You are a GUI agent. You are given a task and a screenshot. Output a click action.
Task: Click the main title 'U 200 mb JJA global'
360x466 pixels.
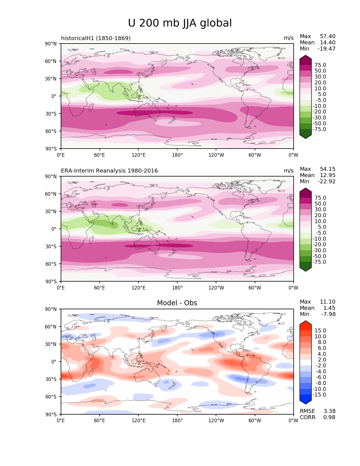180,23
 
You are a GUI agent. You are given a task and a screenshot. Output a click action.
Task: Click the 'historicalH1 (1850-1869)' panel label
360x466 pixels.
96,38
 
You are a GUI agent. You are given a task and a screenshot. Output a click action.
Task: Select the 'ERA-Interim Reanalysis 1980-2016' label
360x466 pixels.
109,171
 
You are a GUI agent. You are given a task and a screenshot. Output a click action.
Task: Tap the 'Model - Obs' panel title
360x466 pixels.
177,303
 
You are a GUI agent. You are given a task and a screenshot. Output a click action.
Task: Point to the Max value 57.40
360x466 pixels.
328,36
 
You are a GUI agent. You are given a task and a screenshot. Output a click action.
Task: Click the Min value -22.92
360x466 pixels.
327,182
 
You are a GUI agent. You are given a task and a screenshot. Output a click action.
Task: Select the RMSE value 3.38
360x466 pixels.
329,411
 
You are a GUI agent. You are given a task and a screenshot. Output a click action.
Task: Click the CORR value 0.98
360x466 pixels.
329,417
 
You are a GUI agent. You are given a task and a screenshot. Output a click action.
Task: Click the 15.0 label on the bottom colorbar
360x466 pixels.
320,331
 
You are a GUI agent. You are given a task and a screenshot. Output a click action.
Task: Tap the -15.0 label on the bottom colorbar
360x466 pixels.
319,395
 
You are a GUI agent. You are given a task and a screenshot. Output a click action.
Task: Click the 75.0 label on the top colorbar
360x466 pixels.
320,65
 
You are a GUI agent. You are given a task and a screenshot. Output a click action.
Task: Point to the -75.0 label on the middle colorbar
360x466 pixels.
319,262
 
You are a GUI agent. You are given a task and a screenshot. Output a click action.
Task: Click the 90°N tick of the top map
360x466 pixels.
51,44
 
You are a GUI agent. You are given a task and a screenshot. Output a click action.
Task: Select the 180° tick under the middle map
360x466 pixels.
177,288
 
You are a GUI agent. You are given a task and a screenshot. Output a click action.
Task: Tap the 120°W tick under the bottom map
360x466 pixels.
216,421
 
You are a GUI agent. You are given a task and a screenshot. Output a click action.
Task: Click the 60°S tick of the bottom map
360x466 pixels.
51,397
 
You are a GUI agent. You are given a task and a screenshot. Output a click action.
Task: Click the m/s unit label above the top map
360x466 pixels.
289,38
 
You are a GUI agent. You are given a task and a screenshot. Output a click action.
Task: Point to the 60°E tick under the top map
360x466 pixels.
100,155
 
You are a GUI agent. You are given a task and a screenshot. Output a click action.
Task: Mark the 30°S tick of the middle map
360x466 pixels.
51,247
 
